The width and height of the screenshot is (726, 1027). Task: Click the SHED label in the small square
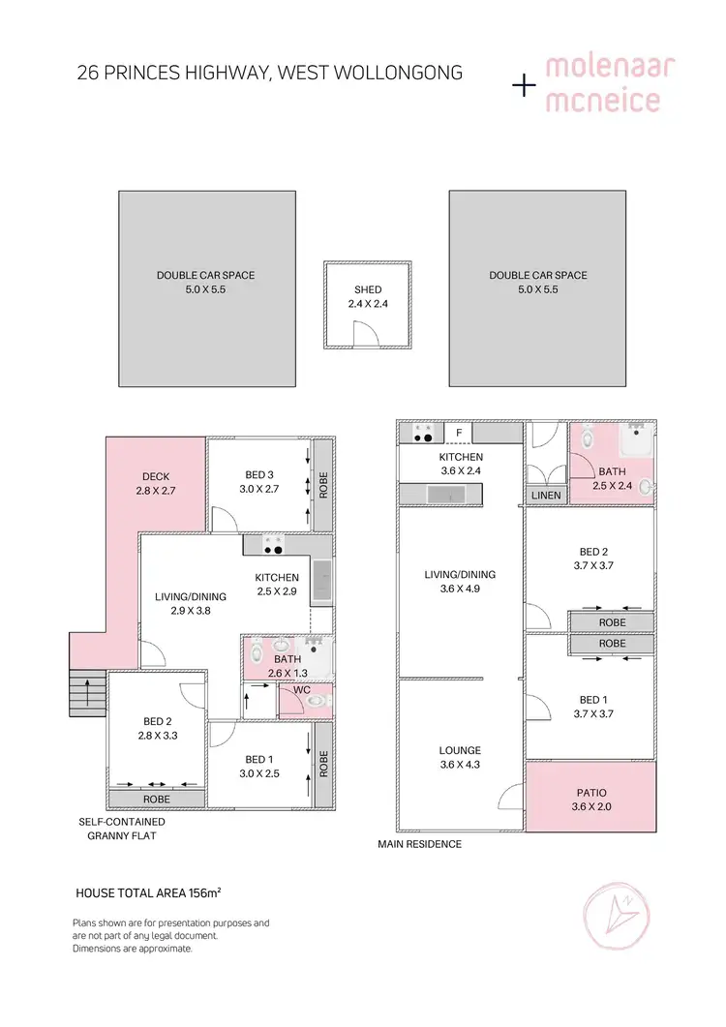tap(368, 289)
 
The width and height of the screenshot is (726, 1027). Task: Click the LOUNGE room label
tap(459, 750)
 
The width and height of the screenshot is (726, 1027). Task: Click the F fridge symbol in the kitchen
tap(459, 433)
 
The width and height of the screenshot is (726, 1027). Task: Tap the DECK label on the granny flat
tap(156, 476)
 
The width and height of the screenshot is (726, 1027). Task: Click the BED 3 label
tap(259, 474)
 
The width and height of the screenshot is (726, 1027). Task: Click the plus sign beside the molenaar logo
tap(524, 85)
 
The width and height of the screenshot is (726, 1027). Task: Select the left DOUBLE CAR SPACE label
tap(206, 275)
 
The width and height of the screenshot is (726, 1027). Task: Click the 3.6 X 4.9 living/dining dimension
tap(459, 589)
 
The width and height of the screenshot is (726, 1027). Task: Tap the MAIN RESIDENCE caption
tap(419, 844)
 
